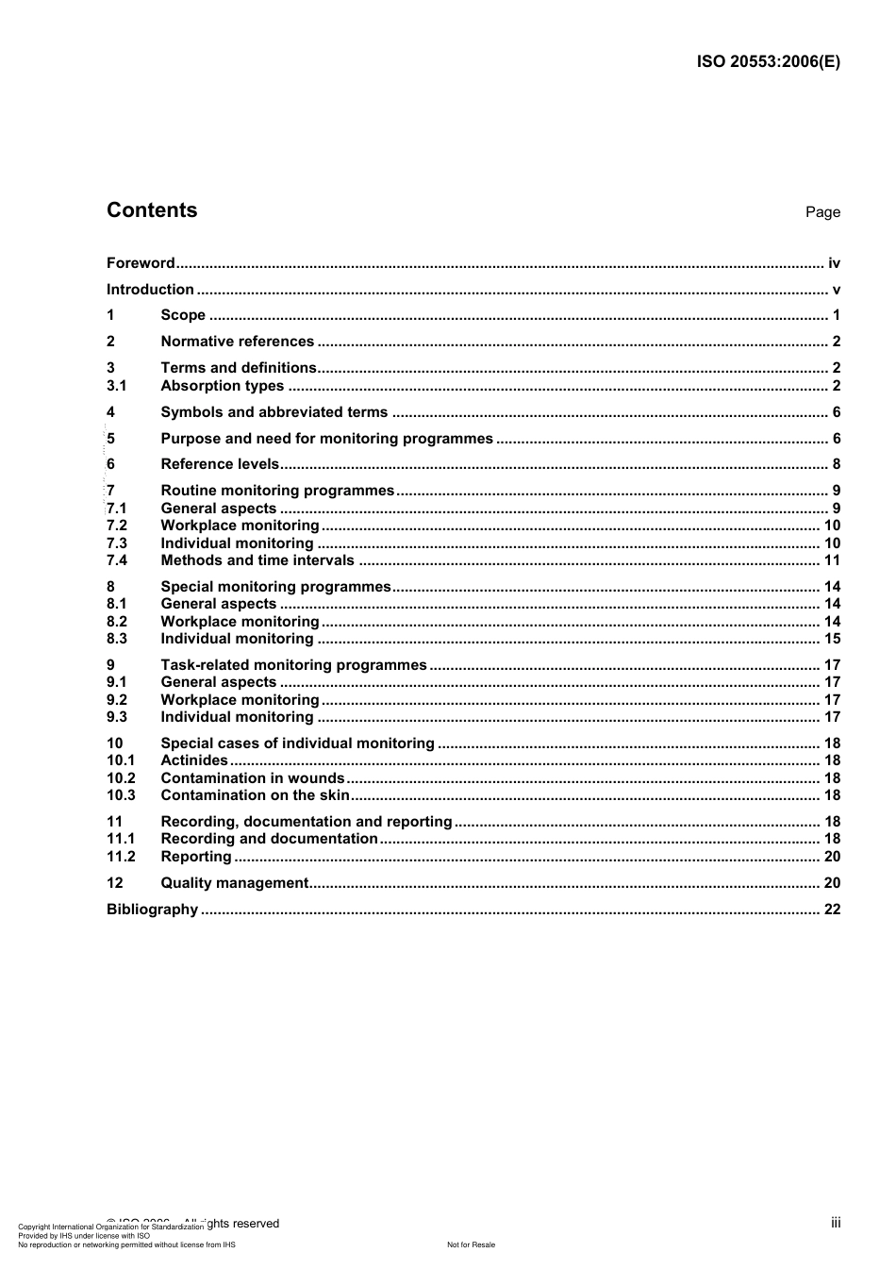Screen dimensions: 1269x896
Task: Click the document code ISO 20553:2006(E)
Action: coord(768,62)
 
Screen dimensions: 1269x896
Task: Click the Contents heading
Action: coord(152,210)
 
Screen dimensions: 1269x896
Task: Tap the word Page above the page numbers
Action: coord(822,212)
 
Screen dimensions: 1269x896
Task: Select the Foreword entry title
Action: coord(141,263)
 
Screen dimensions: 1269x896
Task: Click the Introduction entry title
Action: coord(150,290)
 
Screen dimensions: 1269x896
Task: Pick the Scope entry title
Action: coord(183,315)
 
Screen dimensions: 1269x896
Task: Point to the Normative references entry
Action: coord(237,342)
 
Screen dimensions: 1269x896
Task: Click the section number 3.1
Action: coord(117,386)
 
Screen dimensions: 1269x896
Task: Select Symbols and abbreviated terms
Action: coord(274,412)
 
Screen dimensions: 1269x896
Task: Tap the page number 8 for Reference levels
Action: coord(836,464)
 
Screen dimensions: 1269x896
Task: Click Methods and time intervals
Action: coord(257,560)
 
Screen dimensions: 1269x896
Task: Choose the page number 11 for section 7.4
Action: coord(832,560)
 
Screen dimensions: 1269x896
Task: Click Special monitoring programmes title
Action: coord(275,587)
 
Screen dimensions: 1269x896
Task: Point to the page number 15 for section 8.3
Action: coord(832,639)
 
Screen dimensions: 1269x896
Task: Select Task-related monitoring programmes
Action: coord(293,665)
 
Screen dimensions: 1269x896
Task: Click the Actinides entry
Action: coord(194,760)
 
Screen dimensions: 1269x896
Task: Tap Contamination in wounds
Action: coord(253,778)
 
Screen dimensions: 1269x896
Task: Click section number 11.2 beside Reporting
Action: coord(121,857)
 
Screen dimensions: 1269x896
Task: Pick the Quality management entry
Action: coord(235,883)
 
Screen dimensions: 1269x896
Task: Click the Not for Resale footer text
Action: coord(471,1244)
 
